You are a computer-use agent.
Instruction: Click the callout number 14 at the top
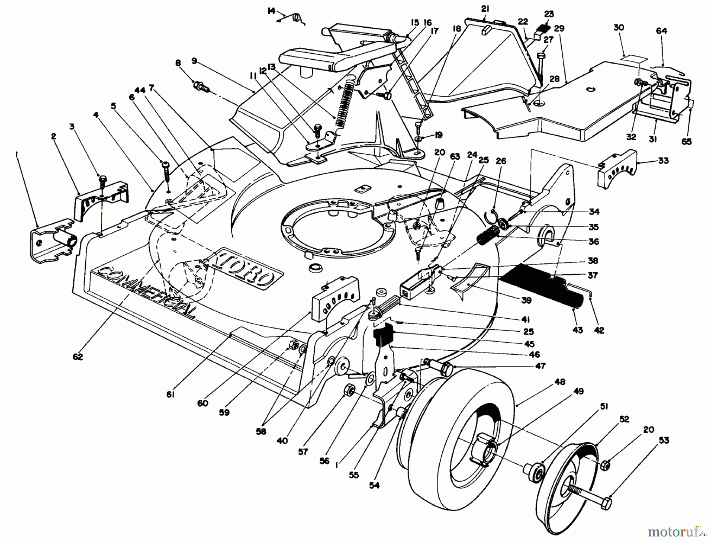271,11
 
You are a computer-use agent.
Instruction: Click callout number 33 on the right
663,161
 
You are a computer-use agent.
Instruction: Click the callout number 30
619,27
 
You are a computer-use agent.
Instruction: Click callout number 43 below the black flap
577,330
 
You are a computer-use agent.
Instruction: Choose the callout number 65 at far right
687,141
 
